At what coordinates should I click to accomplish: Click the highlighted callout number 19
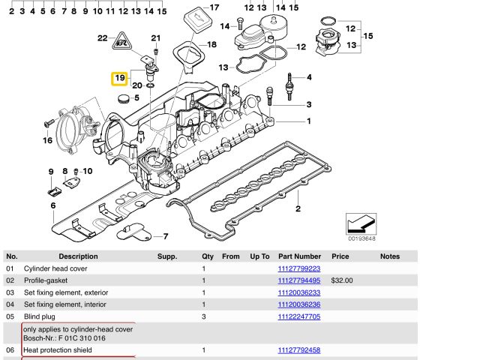pyautogui.click(x=120, y=78)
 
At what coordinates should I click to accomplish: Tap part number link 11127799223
pyautogui.click(x=298, y=268)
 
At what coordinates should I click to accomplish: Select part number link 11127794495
pyautogui.click(x=298, y=280)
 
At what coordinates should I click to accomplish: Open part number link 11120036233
pyautogui.click(x=298, y=292)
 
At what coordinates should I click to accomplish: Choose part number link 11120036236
pyautogui.click(x=298, y=304)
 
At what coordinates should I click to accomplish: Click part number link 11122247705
pyautogui.click(x=298, y=316)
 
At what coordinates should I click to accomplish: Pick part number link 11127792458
pyautogui.click(x=298, y=349)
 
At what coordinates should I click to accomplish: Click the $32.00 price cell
pyautogui.click(x=342, y=280)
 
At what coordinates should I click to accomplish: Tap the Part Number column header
pyautogui.click(x=299, y=256)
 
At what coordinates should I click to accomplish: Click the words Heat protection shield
pyautogui.click(x=58, y=349)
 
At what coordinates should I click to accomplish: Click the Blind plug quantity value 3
pyautogui.click(x=203, y=316)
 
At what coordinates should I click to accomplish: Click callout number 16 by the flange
pyautogui.click(x=47, y=140)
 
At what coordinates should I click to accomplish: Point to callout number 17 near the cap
pyautogui.click(x=214, y=8)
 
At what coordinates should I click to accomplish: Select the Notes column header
pyautogui.click(x=390, y=256)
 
